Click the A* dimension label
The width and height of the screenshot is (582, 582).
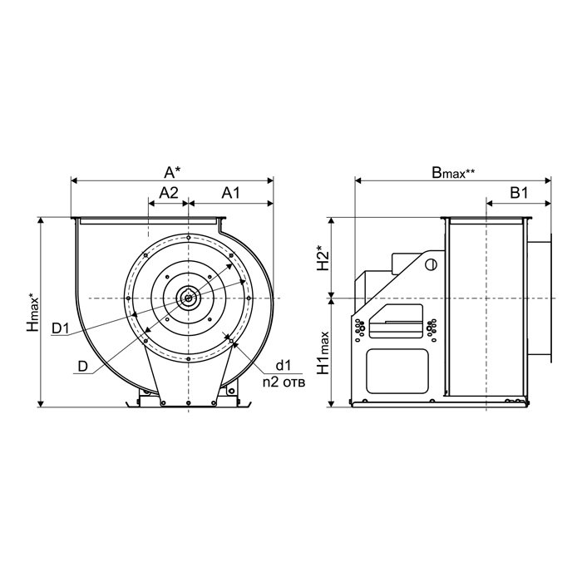[173, 172]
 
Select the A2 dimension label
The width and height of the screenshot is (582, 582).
[169, 193]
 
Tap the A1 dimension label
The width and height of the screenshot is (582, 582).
[231, 193]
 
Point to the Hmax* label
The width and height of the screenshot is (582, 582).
[32, 312]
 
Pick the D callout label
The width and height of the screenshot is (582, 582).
[83, 367]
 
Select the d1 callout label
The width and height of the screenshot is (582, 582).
[283, 366]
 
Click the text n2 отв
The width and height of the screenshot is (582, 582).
[284, 382]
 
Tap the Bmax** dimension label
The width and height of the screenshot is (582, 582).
[453, 173]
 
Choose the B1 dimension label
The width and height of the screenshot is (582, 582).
[519, 193]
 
